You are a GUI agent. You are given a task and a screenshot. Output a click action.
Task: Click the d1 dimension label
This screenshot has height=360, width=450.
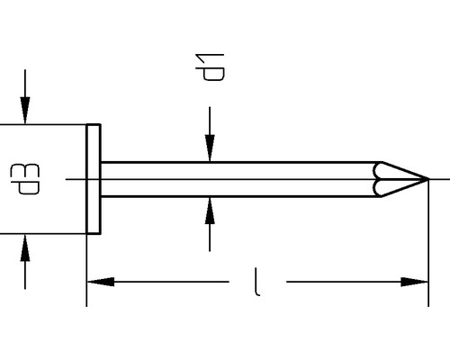[x=213, y=67]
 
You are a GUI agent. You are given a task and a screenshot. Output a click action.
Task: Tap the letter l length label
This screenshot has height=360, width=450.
[x=258, y=283]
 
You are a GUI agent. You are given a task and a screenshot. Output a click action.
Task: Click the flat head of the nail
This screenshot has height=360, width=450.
[x=94, y=178]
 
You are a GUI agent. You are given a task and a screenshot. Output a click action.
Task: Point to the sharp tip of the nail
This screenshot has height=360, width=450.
[x=425, y=178]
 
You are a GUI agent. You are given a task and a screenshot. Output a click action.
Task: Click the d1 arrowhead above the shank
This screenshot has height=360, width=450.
[x=210, y=150]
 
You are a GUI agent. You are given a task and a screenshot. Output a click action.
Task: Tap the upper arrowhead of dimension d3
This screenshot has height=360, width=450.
[x=25, y=112]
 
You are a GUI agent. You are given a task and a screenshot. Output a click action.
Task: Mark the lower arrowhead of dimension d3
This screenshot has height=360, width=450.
[x=25, y=245]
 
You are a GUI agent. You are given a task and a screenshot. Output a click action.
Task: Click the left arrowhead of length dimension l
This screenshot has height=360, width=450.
[x=99, y=283]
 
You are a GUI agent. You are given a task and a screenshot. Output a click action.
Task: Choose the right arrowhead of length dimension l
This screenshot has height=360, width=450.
[x=416, y=283]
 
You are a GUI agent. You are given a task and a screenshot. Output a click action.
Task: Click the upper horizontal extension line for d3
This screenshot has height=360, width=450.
[x=45, y=124]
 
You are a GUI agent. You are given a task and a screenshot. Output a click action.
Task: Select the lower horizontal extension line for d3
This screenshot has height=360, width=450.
[x=45, y=233]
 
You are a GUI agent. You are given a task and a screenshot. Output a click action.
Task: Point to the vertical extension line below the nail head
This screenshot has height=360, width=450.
[x=86, y=270]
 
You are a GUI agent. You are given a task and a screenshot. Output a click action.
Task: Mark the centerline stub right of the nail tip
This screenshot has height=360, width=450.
[x=438, y=178]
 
